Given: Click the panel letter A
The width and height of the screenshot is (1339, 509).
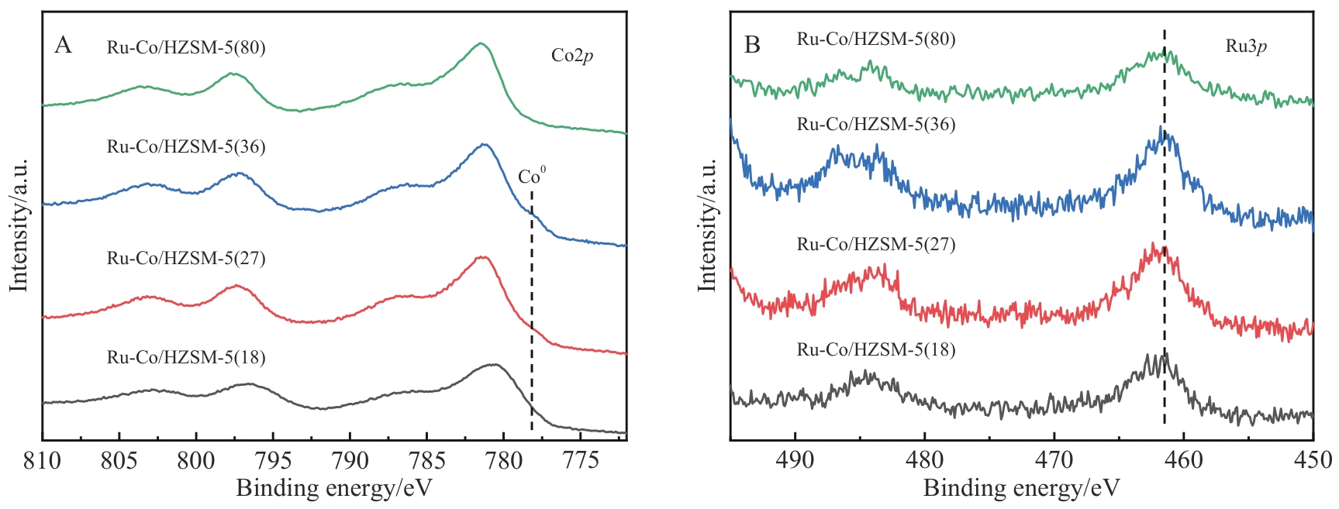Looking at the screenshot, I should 63,46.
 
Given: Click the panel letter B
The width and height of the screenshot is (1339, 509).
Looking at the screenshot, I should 751,45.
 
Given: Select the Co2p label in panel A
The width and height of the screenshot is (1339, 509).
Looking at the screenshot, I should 572,55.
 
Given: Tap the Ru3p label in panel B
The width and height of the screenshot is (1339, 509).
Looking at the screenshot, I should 1246,46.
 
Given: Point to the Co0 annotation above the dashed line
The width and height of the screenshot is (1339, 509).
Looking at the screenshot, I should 531,177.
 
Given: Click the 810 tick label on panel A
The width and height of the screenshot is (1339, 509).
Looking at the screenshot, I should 42,461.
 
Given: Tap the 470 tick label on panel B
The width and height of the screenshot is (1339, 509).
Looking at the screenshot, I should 1054,461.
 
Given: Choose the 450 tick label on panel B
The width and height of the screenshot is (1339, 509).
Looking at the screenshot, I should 1313,461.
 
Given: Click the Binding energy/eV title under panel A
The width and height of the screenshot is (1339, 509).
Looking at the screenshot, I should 333,489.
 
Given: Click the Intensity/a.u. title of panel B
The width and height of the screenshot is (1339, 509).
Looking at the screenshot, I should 706,225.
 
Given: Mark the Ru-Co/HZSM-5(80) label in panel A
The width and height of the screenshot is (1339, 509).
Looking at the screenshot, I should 186,48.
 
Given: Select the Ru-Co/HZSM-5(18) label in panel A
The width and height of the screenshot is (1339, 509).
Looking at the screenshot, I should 186,357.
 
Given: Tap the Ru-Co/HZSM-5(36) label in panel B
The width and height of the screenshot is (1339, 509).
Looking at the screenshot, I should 876,124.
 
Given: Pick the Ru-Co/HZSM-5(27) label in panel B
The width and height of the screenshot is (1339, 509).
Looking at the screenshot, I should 876,245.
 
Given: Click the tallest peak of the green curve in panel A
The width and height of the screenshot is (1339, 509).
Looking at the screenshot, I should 481,43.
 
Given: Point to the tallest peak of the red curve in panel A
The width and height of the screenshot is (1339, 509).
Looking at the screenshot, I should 482,257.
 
